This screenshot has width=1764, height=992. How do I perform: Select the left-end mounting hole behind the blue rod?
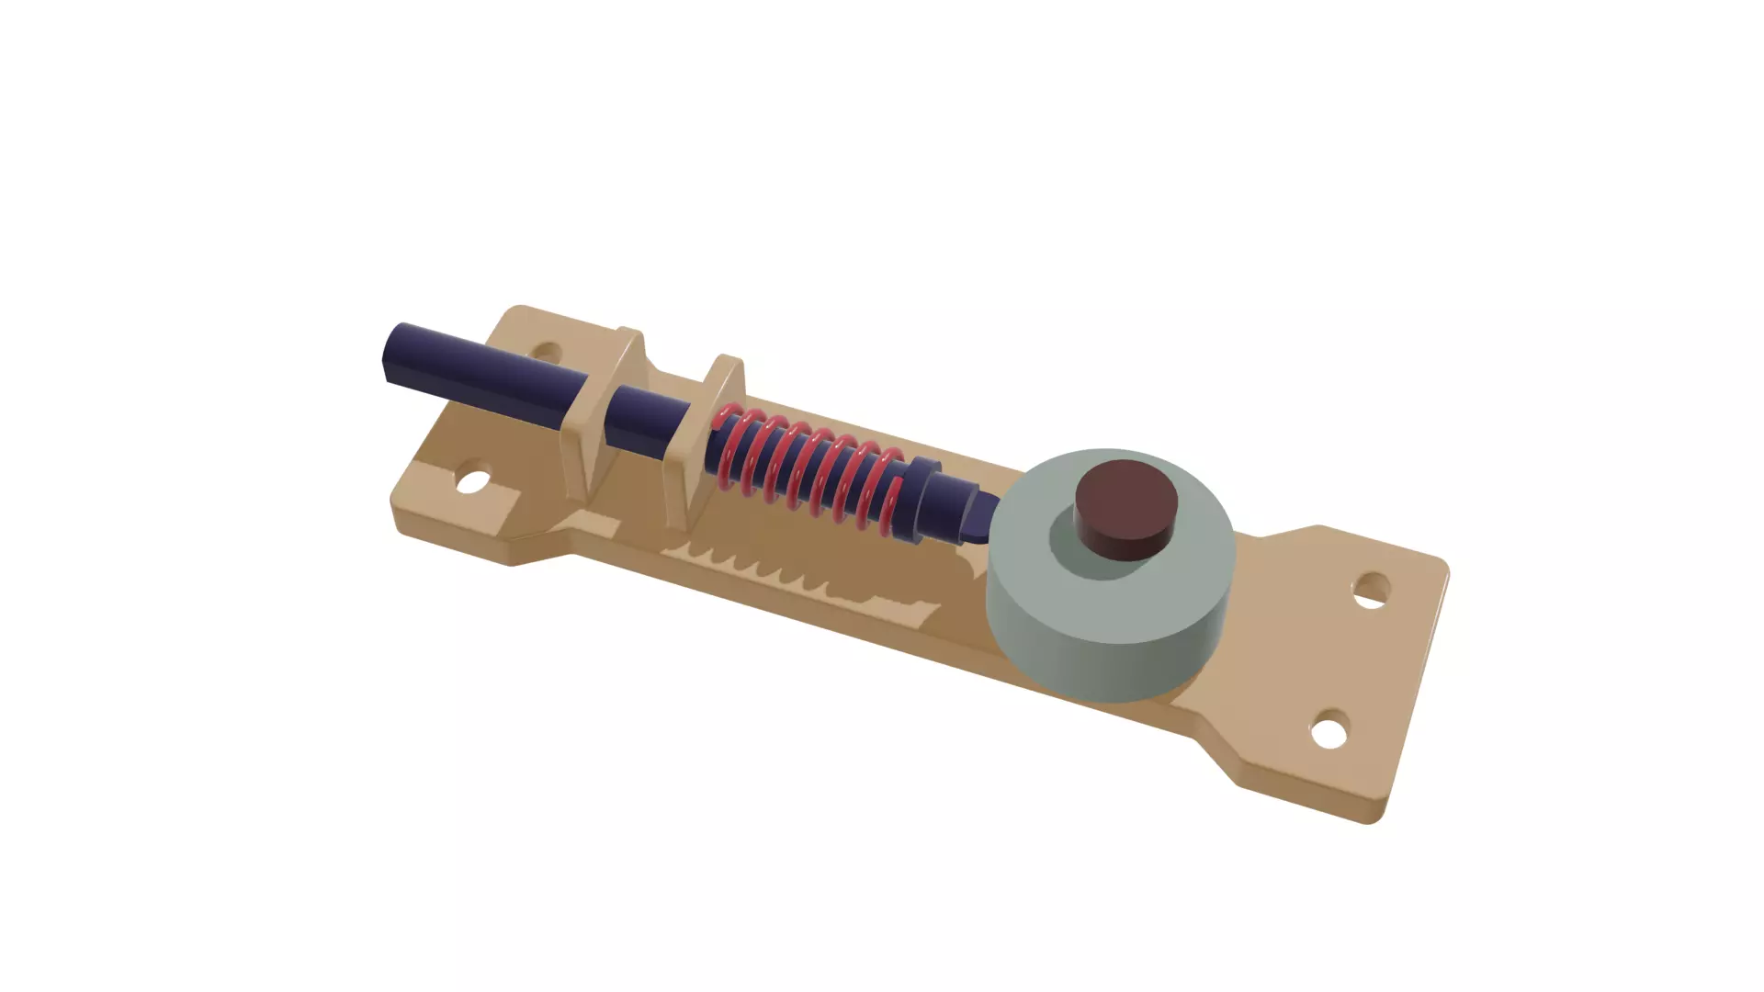pyautogui.click(x=546, y=352)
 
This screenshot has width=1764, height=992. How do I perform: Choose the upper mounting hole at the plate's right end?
pyautogui.click(x=1373, y=588)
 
